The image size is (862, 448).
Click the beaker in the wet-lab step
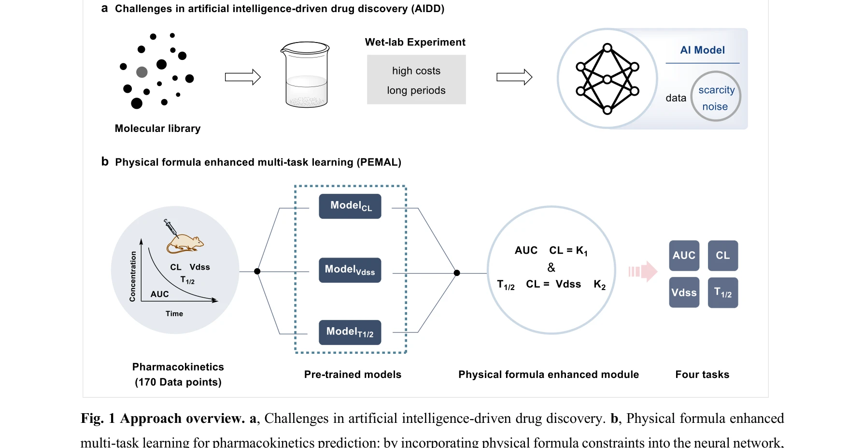pos(305,74)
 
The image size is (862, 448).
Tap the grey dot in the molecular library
pos(141,72)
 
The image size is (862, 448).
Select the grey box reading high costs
pos(416,80)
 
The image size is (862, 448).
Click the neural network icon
pos(608,79)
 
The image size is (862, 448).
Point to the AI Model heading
pos(702,50)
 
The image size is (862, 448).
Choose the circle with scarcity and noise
pos(716,97)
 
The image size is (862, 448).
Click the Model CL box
pos(350,206)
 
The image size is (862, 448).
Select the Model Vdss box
pos(350,270)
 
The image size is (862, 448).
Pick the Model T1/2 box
pos(350,332)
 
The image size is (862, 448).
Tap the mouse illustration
pos(186,244)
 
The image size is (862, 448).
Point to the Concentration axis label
pos(133,276)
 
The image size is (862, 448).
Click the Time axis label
pos(174,314)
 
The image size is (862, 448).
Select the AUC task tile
pos(684,256)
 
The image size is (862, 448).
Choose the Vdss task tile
pos(684,292)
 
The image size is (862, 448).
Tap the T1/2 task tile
pos(723,292)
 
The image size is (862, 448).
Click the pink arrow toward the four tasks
pos(643,272)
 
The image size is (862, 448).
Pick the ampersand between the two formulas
pos(551,268)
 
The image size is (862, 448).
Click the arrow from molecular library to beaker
pos(242,77)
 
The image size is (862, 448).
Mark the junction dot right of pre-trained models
pos(457,273)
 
